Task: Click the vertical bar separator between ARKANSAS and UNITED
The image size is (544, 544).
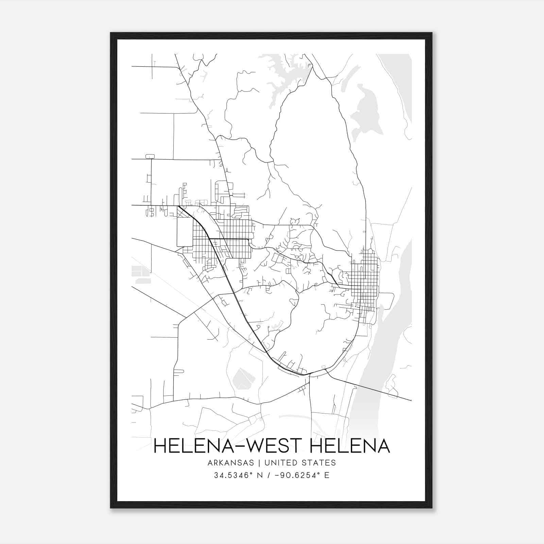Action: coord(259,463)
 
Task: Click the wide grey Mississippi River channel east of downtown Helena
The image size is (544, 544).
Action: coord(391,340)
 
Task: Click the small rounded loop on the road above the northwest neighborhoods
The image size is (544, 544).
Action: coord(150,156)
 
